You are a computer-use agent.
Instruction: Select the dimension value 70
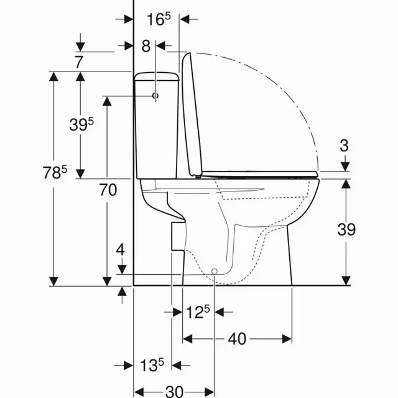108,192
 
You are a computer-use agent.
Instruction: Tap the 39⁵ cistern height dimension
81,124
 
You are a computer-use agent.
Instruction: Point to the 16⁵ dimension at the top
158,19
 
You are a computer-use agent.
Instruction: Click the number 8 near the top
146,45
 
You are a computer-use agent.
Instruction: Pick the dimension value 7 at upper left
78,62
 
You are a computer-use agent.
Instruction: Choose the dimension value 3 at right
345,146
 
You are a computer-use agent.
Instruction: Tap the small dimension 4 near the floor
121,250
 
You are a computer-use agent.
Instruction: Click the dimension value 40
237,339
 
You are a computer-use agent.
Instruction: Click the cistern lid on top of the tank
157,76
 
